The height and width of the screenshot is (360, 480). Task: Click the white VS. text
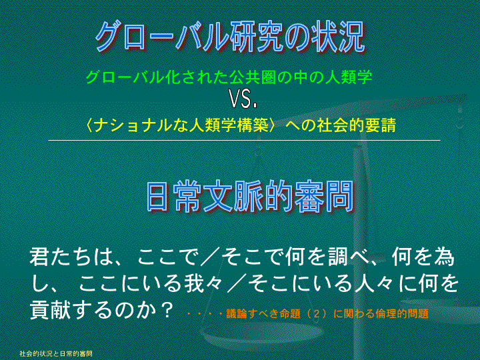coord(244,99)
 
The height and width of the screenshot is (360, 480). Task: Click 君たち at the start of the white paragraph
coord(61,256)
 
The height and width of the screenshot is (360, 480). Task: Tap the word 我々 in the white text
coord(203,283)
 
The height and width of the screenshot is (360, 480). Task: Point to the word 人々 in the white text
coord(375,283)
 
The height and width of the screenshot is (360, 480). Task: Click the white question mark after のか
coord(167,311)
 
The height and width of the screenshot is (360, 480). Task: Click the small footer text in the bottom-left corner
coord(56,354)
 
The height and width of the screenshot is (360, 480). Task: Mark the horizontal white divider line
coord(244,141)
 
